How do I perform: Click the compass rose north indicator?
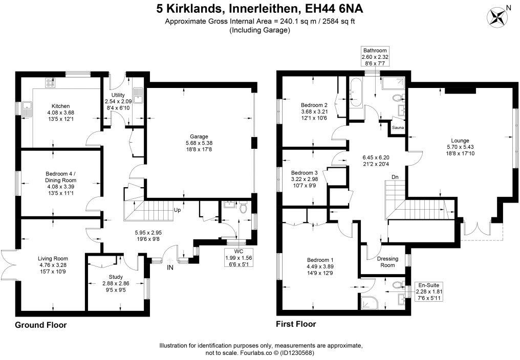coord(496,17)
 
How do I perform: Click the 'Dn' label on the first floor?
coord(395,177)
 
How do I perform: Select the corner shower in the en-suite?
coord(370,302)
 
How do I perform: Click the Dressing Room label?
coord(387,262)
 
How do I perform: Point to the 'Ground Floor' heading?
coord(41,325)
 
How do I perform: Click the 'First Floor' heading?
coord(296,324)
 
